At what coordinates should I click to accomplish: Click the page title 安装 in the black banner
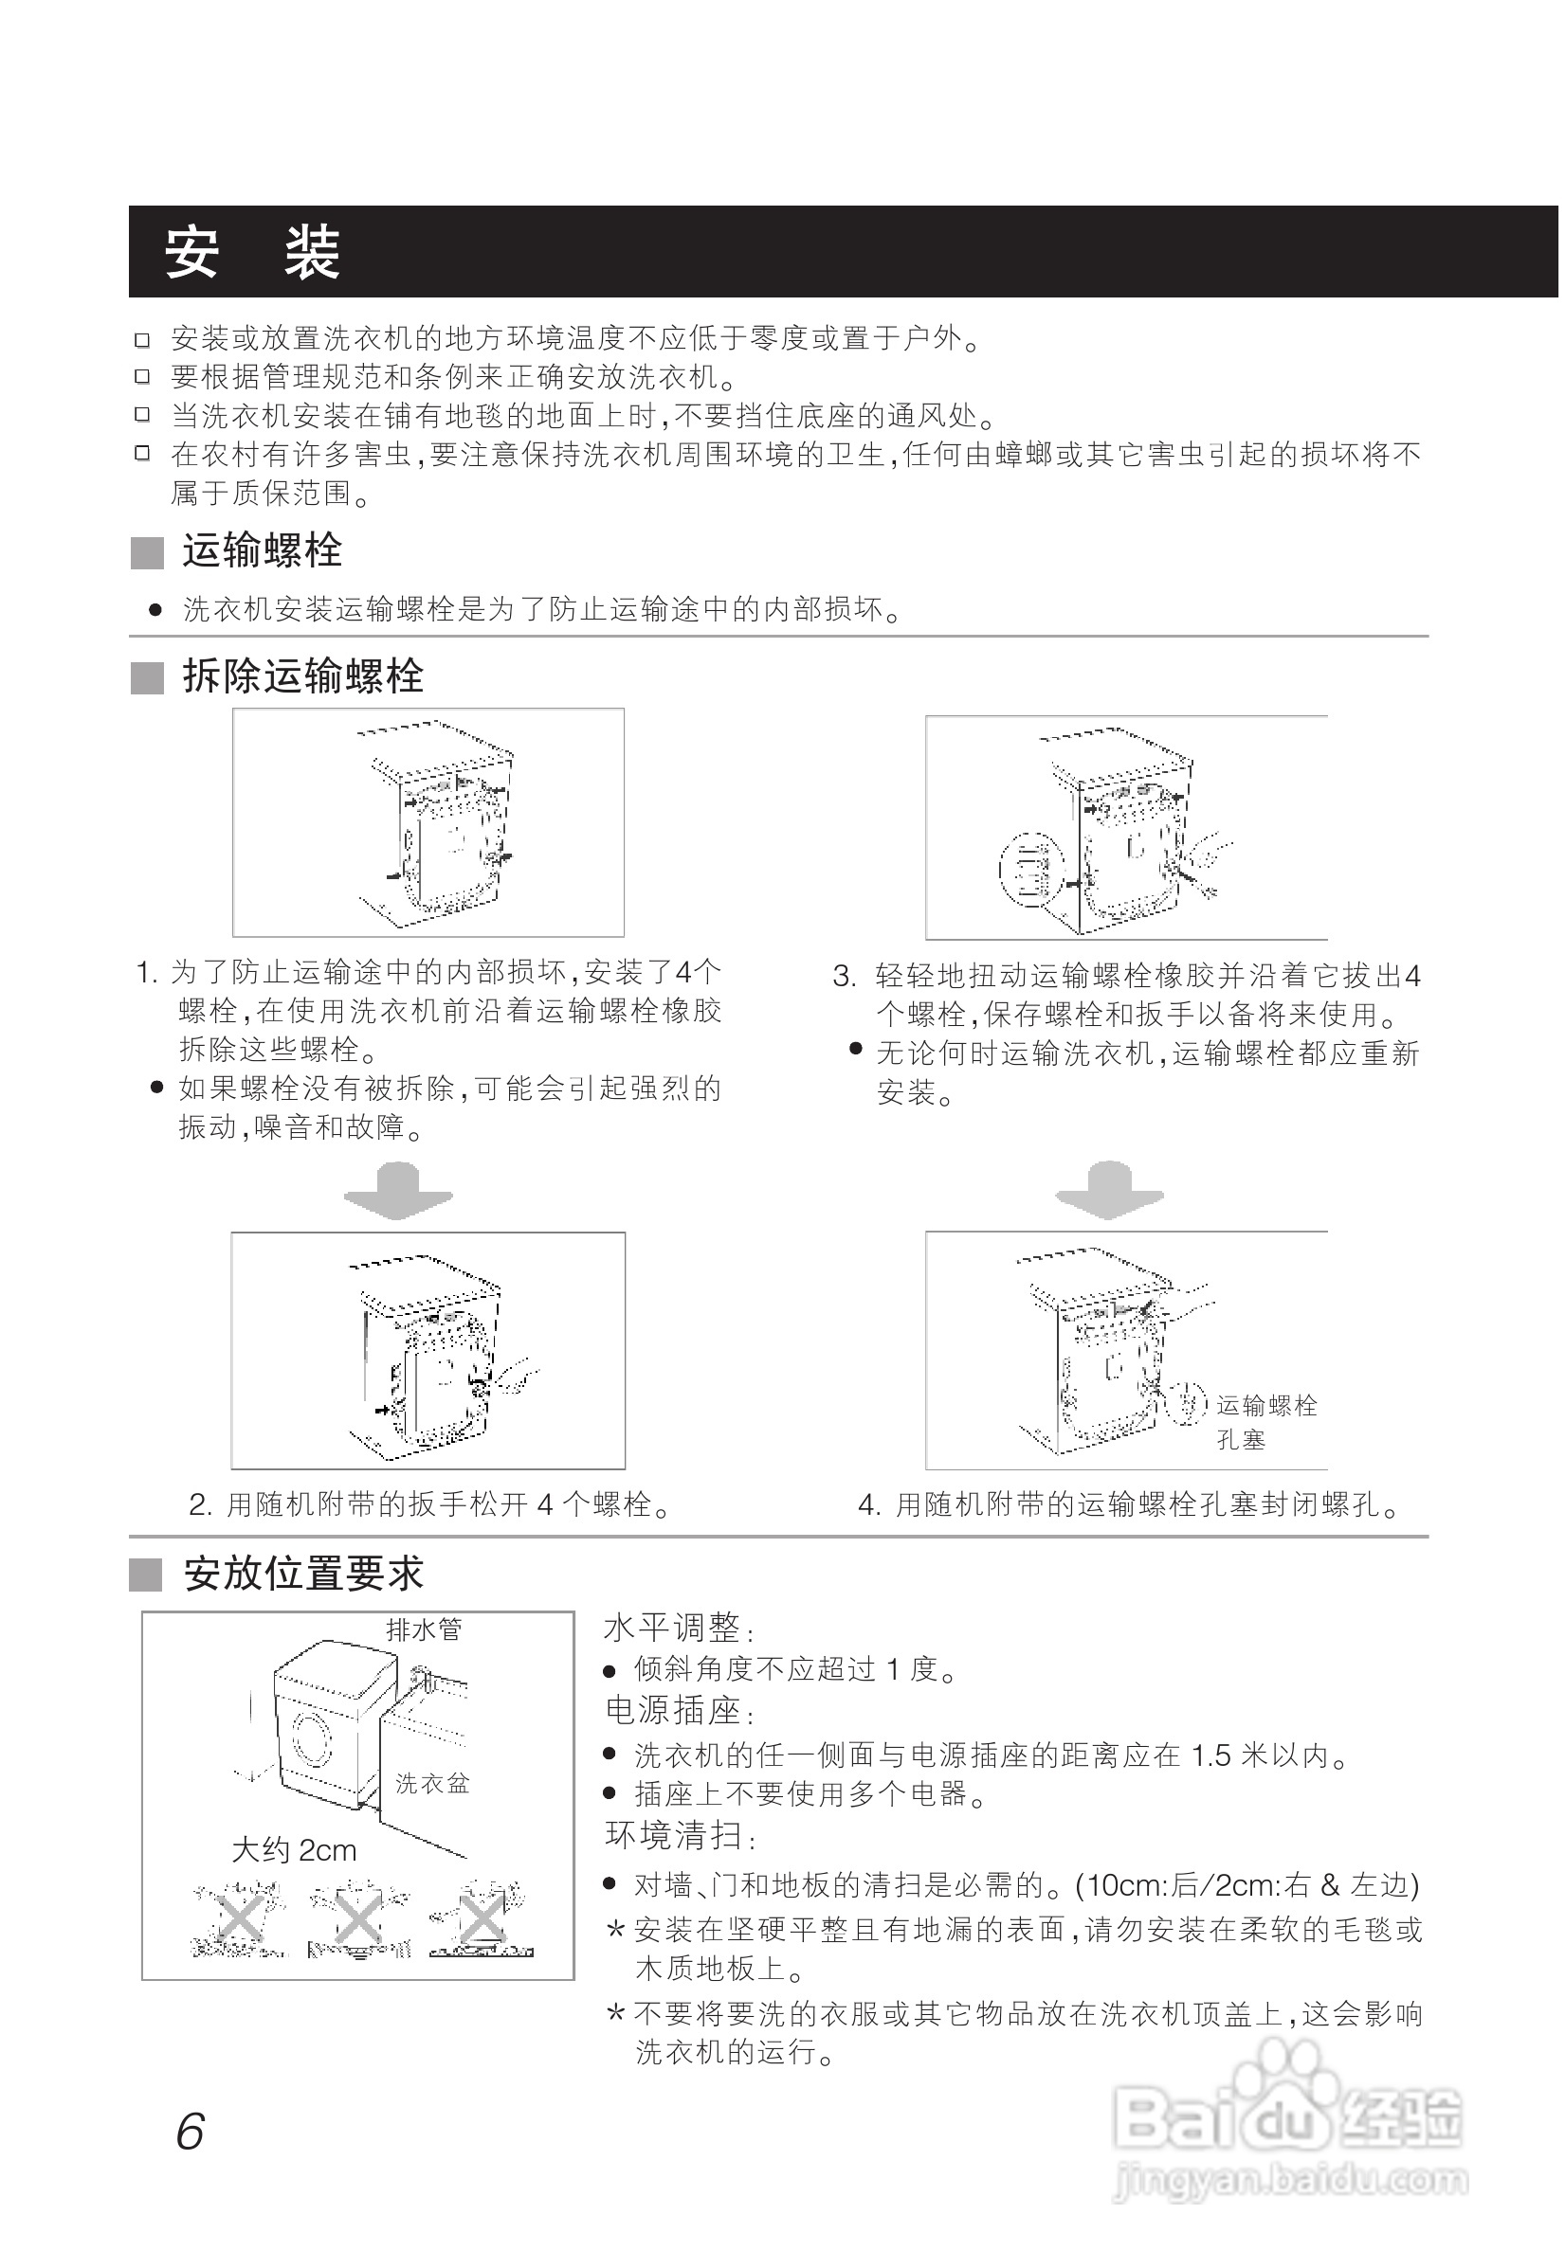pos(251,252)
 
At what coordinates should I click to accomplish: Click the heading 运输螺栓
pos(262,550)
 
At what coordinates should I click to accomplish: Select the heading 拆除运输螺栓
pos(302,676)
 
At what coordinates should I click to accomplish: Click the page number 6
pos(190,2132)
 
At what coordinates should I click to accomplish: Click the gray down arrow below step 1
pos(398,1191)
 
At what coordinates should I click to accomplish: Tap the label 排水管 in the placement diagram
pos(424,1629)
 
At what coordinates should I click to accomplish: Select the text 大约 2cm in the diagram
pos(293,1850)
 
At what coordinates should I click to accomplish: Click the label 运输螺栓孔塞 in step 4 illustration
pos(1265,1422)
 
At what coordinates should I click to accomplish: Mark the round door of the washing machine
pos(312,1738)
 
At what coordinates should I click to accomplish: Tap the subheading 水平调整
pos(672,1629)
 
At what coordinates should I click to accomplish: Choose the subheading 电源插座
pos(673,1711)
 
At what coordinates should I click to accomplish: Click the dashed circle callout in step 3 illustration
pos(1031,869)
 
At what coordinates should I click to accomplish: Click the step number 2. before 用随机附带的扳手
pos(200,1504)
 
